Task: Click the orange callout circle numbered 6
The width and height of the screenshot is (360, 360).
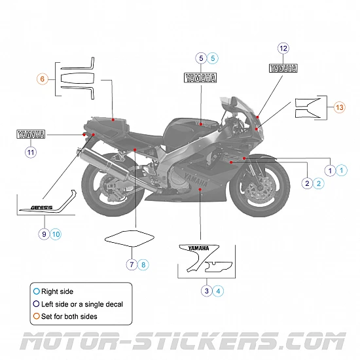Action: pyautogui.click(x=43, y=79)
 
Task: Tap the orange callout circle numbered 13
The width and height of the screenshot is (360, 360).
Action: pyautogui.click(x=339, y=107)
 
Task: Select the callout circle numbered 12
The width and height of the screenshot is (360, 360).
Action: pyautogui.click(x=283, y=48)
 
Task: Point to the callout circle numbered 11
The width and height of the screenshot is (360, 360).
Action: pyautogui.click(x=30, y=153)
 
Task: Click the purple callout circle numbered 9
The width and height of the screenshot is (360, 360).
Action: pyautogui.click(x=44, y=234)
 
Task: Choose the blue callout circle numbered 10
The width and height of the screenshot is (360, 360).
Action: pyautogui.click(x=56, y=234)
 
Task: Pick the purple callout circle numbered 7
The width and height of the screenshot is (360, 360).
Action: pyautogui.click(x=132, y=264)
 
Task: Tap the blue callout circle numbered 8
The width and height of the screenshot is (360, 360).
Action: pyautogui.click(x=143, y=264)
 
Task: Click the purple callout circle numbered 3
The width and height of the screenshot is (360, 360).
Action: pyautogui.click(x=207, y=291)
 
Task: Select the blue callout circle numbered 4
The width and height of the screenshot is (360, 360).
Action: pyautogui.click(x=219, y=291)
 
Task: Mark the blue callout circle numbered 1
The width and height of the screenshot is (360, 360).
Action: pyautogui.click(x=342, y=170)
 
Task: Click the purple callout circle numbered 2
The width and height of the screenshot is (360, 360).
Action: pyautogui.click(x=307, y=183)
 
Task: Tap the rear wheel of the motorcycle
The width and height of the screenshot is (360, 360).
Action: pyautogui.click(x=105, y=187)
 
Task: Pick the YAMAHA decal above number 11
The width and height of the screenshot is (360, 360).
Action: pyautogui.click(x=31, y=135)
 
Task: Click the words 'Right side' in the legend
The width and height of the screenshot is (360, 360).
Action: pyautogui.click(x=57, y=292)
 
